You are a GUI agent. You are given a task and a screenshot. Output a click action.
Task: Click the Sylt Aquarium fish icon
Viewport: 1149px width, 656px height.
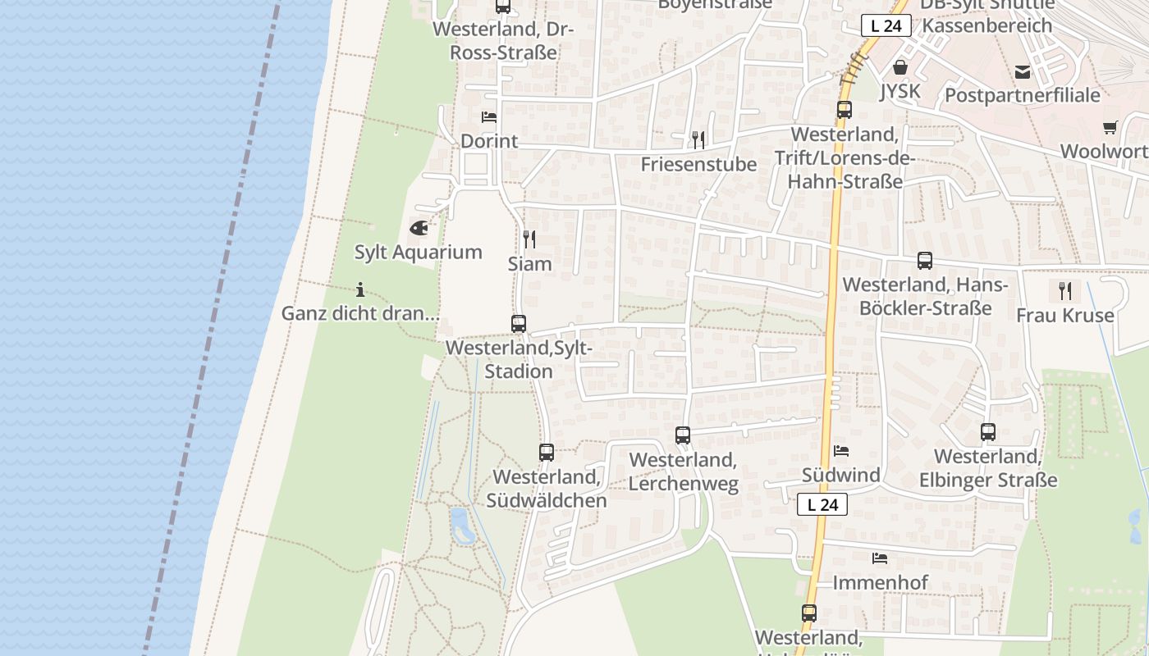[419, 227]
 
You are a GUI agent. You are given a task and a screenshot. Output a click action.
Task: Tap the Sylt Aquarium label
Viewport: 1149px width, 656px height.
[419, 252]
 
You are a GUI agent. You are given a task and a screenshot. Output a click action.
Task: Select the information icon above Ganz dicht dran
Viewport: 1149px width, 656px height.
[360, 289]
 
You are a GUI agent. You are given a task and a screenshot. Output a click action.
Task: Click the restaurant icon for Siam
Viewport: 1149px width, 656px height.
[529, 239]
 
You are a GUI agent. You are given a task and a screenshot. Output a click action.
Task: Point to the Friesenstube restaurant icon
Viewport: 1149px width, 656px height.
[698, 139]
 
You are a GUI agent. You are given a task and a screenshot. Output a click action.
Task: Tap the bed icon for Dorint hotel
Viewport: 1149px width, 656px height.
[489, 117]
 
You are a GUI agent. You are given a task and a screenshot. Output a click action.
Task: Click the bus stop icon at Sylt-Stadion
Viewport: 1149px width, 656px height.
[518, 324]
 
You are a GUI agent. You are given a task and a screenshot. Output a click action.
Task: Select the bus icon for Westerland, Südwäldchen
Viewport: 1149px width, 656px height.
[547, 452]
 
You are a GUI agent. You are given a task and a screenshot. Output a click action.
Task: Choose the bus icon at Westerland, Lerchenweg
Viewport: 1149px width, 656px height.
[683, 435]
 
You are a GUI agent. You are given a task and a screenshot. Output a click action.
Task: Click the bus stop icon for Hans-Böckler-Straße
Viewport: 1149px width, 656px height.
[925, 261]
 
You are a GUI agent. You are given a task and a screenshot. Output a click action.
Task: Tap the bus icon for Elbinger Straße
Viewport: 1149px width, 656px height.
[988, 432]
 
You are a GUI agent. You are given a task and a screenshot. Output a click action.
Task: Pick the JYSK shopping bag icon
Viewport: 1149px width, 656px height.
[900, 67]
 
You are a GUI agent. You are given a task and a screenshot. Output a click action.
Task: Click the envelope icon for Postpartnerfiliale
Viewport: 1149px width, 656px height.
[1023, 72]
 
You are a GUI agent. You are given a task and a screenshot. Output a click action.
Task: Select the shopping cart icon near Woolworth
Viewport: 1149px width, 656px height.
[1110, 127]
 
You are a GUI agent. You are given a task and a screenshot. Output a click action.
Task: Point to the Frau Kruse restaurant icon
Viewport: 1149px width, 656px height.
[1065, 290]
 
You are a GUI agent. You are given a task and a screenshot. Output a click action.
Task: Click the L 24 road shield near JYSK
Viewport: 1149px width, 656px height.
[886, 25]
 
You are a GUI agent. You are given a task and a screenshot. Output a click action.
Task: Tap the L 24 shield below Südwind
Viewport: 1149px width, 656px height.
[822, 504]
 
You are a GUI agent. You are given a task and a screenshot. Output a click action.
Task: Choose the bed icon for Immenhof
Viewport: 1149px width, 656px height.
[880, 558]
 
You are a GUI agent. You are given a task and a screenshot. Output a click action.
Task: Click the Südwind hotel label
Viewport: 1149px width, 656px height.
[841, 475]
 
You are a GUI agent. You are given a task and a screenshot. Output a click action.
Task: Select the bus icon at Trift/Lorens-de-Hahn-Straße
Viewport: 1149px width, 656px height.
[845, 110]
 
